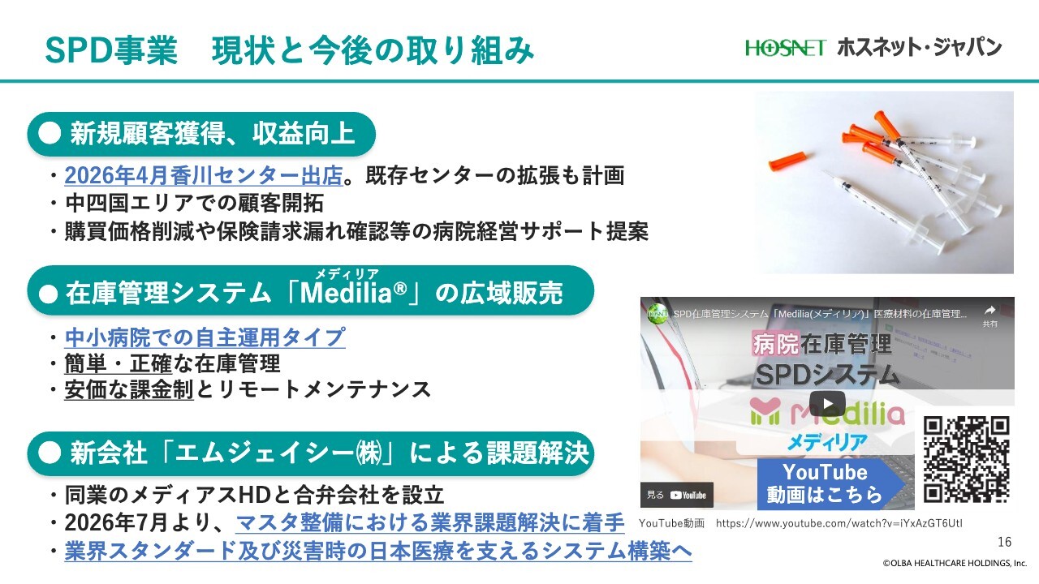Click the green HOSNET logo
785,48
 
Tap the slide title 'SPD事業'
111,50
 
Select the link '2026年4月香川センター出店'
204,176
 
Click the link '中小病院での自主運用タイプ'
205,337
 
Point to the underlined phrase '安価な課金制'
129,390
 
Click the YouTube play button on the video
827,403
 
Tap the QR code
966,459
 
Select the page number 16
1004,542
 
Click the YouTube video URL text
839,524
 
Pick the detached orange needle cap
791,161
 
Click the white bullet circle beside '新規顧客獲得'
50,134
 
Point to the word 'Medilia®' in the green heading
353,293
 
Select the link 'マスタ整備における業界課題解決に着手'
429,523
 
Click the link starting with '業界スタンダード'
378,551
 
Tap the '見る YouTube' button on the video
677,496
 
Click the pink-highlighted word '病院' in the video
775,345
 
